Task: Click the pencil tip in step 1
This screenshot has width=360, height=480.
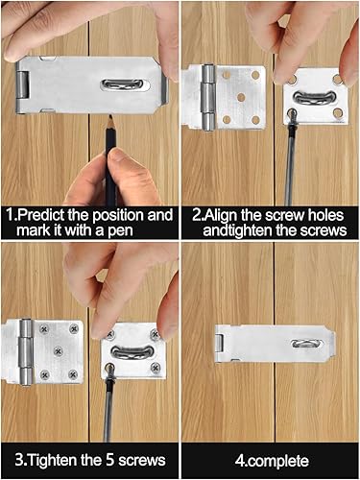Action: pos(110,117)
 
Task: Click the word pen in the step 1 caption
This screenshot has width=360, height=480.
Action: pos(120,230)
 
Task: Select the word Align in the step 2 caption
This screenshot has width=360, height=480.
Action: pos(221,215)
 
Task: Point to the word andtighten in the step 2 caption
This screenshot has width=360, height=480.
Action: pos(238,230)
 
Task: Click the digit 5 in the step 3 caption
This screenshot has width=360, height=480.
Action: pos(109,461)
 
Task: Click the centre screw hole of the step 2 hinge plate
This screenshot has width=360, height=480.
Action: pos(241,98)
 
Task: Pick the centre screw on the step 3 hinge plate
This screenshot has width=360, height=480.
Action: pos(58,351)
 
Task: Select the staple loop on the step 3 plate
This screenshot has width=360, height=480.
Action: pos(132,352)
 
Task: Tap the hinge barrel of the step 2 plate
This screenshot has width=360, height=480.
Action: pos(208,98)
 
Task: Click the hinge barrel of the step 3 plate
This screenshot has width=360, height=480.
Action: pos(26,351)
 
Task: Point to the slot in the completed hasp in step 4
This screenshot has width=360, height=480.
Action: pos(306,344)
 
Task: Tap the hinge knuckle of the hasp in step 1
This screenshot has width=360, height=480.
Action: pos(22,84)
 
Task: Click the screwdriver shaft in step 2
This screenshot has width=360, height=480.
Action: pos(289,167)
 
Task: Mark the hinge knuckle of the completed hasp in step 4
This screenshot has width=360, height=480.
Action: pos(219,344)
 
